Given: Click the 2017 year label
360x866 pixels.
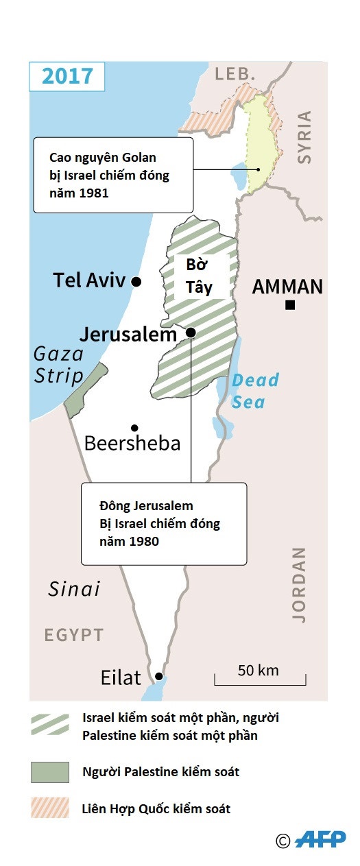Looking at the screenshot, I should coord(67,75).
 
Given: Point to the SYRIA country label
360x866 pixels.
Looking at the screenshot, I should coord(304,136).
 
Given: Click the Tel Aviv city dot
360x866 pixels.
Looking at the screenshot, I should coord(136,281).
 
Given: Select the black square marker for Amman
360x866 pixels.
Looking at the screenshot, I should coord(290,305).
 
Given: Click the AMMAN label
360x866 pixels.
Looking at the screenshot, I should coord(287,287).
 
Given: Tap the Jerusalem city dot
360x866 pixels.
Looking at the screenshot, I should coord(191,333).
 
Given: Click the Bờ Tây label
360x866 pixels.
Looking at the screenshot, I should coord(200,276).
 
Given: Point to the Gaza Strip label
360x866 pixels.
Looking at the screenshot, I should coord(59,365).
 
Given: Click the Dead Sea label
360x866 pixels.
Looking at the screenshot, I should coord(254,390).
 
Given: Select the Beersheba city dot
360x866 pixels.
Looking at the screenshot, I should coord(134,427).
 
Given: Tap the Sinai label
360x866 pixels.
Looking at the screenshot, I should coord(74,588).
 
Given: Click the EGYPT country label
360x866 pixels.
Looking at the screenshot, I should coord(74,635).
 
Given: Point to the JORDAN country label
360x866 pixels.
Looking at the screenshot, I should coord(299,584).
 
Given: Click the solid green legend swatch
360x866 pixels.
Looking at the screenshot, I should coord(50,772).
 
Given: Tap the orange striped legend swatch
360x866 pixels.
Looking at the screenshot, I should coord(50,808).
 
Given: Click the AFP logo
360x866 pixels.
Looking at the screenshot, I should coord(320,839).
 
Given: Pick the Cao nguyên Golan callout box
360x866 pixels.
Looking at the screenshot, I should coord(113,175).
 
